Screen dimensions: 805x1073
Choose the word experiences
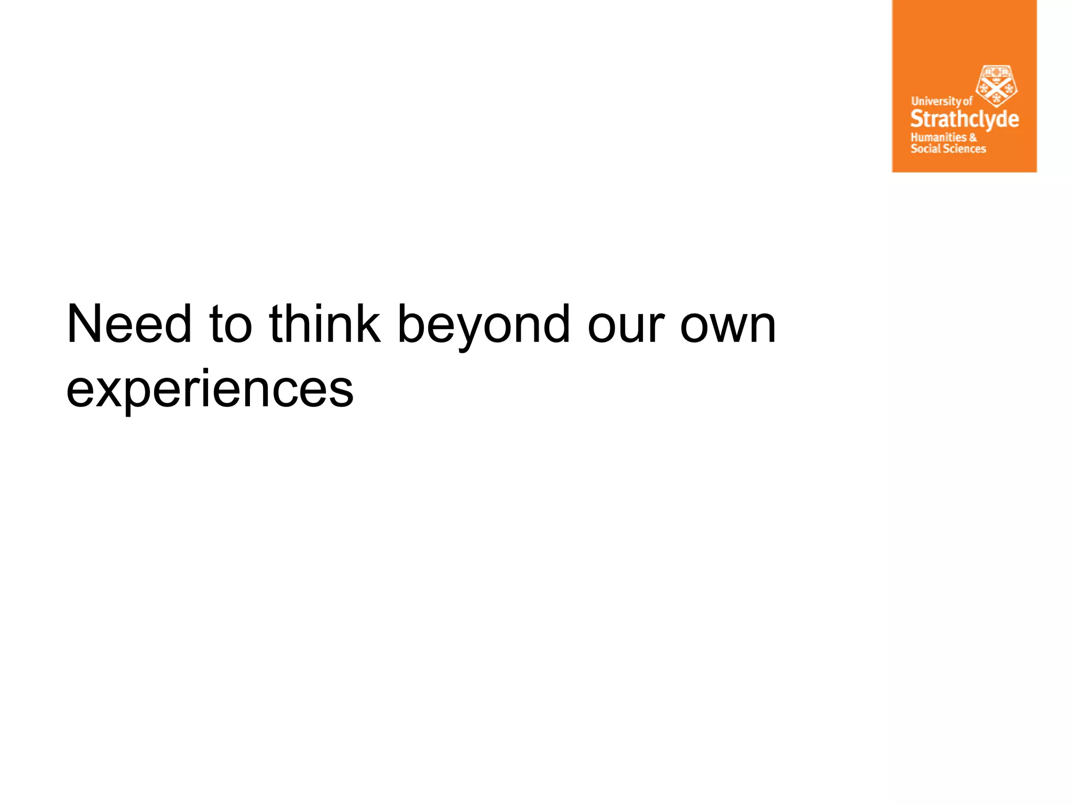pyautogui.click(x=210, y=390)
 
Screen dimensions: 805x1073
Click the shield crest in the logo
pyautogui.click(x=996, y=85)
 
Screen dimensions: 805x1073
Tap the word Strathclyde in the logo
pyautogui.click(x=965, y=119)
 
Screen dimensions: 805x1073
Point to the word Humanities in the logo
pyautogui.click(x=938, y=137)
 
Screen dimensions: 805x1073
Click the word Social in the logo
pyautogui.click(x=925, y=149)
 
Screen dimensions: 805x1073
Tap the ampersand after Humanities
pyautogui.click(x=973, y=137)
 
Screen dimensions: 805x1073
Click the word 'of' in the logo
pyautogui.click(x=968, y=101)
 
